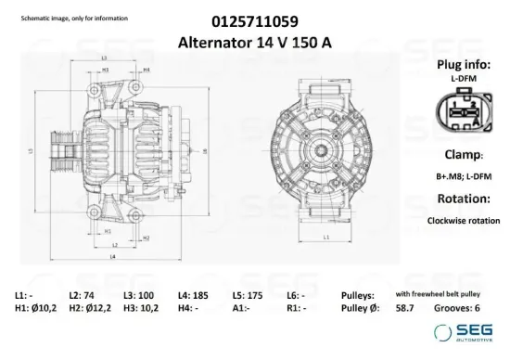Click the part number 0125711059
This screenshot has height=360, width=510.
(255, 19)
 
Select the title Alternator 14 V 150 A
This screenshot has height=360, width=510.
(255, 41)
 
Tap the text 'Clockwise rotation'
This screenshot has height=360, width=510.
(463, 221)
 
